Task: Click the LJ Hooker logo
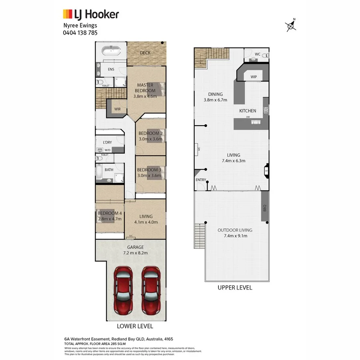[x=91, y=14]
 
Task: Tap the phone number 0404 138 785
[x=80, y=33]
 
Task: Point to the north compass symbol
[x=292, y=26]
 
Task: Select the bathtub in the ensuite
[x=111, y=51]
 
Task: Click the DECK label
[x=145, y=53]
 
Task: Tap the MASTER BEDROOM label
[x=145, y=88]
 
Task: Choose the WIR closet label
[x=117, y=109]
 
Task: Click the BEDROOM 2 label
[x=150, y=133]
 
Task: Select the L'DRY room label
[x=107, y=142]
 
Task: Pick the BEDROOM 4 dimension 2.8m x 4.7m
[x=110, y=219]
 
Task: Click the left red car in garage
[x=123, y=290]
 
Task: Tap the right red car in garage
[x=150, y=290]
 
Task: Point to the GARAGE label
[x=136, y=247]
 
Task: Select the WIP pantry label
[x=254, y=76]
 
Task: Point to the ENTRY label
[x=201, y=180]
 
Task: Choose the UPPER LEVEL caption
[x=235, y=288]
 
